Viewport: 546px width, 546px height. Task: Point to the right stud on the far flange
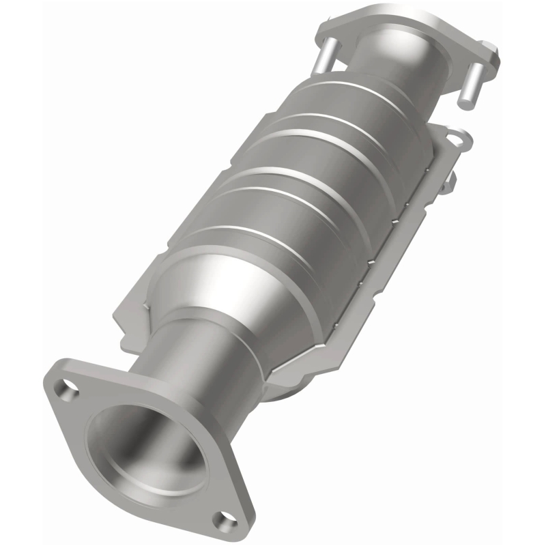pos(470,83)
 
